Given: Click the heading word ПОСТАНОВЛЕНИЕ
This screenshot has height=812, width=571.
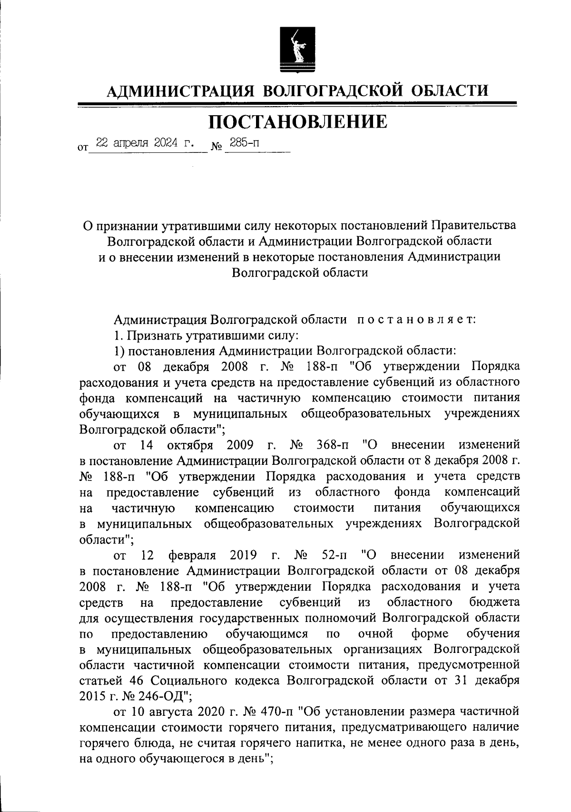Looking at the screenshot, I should click(x=298, y=122).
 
